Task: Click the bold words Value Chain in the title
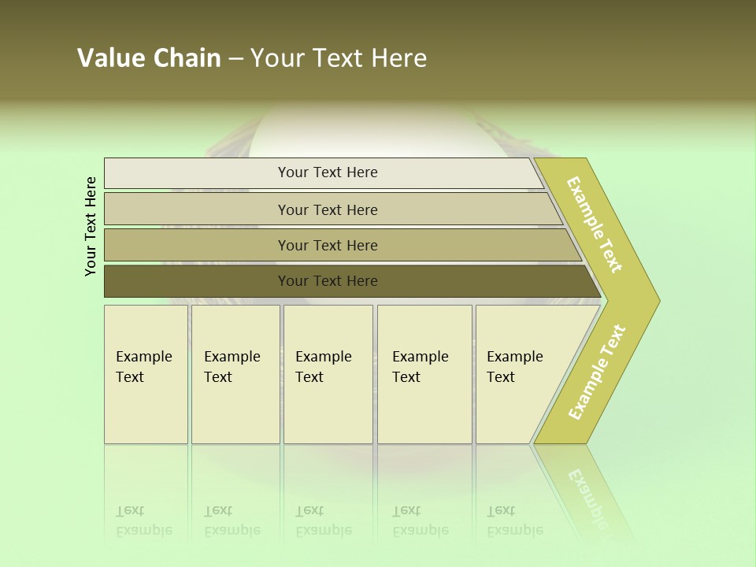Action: pos(149,58)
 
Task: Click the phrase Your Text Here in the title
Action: pos(339,58)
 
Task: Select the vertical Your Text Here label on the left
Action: pos(91,227)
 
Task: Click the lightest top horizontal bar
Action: pos(328,172)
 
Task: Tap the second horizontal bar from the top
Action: pos(328,209)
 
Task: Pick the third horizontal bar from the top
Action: pos(328,245)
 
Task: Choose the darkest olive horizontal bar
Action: pos(328,281)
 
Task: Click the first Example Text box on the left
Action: pos(146,373)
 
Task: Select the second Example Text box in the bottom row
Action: pos(235,373)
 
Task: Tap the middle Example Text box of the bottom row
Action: pos(328,373)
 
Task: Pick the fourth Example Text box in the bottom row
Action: pos(424,373)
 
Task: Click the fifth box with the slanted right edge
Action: pos(520,373)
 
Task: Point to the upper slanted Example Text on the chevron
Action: pos(595,224)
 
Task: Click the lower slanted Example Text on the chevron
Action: pos(597,372)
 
